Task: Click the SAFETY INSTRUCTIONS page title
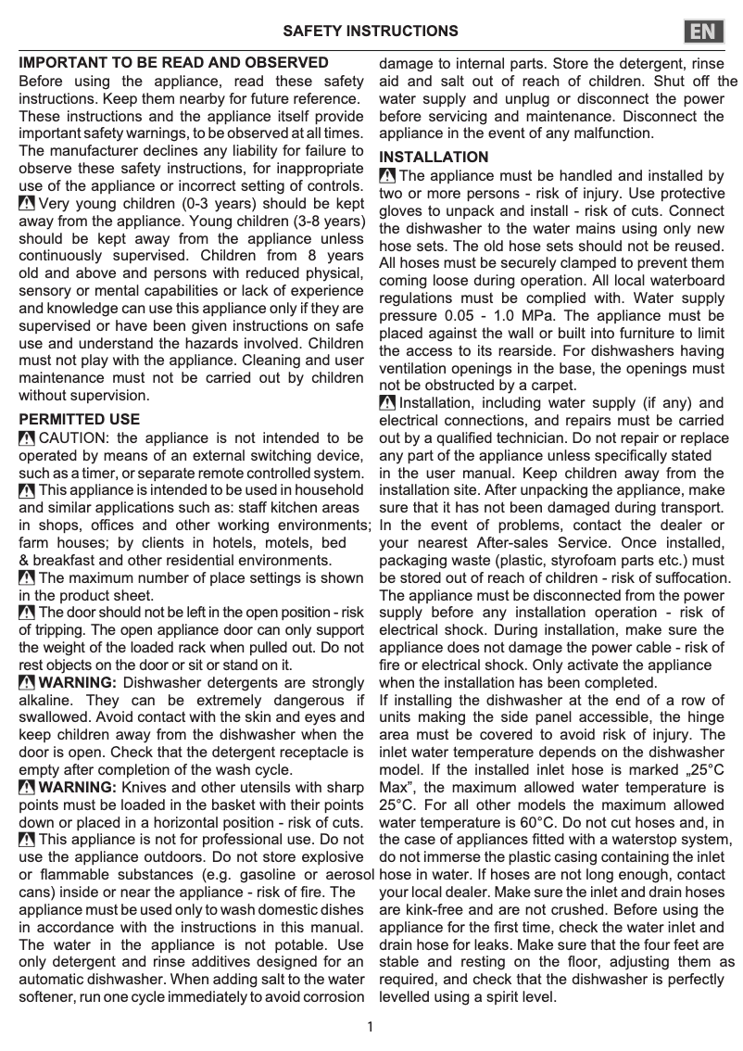tap(371, 31)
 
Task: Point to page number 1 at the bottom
tap(371, 1026)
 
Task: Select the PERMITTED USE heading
tap(80, 420)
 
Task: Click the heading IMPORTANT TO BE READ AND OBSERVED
tap(174, 63)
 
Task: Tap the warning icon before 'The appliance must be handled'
tap(387, 176)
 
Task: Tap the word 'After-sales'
tap(516, 543)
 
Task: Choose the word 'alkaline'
tap(45, 701)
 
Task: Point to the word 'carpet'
tap(550, 386)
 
